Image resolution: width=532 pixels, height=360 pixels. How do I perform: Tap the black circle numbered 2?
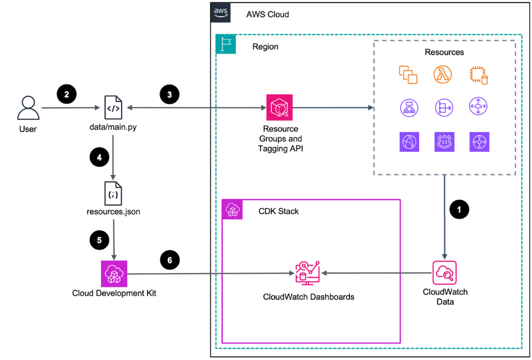tap(67, 93)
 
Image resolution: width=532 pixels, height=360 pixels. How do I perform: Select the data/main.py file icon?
tap(114, 107)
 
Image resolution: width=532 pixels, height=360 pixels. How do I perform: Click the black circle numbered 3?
tap(169, 93)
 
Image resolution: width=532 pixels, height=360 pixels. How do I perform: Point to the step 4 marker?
tap(99, 157)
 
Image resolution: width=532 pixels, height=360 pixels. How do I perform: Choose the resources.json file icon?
tap(114, 192)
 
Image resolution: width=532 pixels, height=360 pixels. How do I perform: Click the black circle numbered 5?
tap(99, 240)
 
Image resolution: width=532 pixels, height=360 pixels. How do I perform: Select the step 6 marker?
tap(170, 259)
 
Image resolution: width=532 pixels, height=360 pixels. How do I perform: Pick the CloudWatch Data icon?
tap(444, 272)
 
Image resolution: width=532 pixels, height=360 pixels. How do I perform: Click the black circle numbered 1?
tap(459, 209)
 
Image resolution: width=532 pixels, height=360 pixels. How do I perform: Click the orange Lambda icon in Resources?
tap(443, 74)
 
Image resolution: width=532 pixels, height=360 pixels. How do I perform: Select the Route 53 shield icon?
tap(443, 142)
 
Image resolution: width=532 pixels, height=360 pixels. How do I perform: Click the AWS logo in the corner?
tap(221, 12)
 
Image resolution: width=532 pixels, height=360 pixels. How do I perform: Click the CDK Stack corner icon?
tap(232, 210)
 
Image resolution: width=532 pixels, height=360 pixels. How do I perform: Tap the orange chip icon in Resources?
tap(478, 75)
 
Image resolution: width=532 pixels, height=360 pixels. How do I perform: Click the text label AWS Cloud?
tap(267, 14)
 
